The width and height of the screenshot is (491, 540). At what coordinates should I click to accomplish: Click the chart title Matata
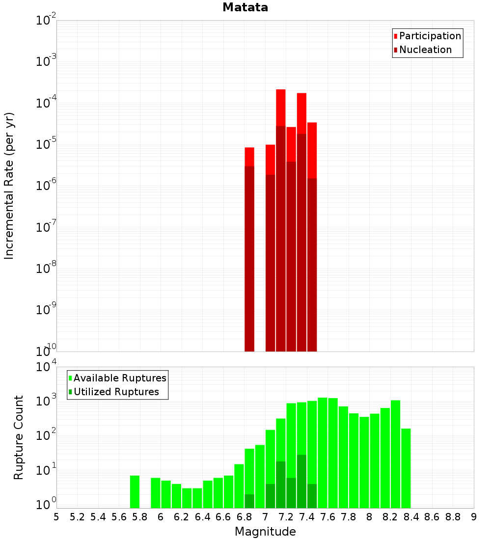[245, 7]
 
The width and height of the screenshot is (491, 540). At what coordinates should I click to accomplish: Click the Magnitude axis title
[265, 532]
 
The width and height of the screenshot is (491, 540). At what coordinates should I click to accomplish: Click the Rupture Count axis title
[19, 437]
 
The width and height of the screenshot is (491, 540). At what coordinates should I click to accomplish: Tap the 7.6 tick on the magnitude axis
[327, 517]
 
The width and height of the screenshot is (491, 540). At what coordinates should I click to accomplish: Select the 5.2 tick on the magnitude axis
[77, 517]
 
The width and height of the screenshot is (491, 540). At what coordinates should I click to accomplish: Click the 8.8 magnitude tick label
[453, 517]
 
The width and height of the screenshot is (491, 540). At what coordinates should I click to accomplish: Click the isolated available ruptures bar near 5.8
[135, 491]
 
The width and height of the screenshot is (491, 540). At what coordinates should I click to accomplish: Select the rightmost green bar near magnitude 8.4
[406, 468]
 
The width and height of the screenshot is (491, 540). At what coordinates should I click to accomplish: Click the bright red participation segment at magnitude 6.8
[249, 157]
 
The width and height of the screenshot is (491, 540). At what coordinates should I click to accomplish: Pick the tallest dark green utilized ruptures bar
[301, 481]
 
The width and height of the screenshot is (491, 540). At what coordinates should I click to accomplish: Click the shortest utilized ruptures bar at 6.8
[249, 501]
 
